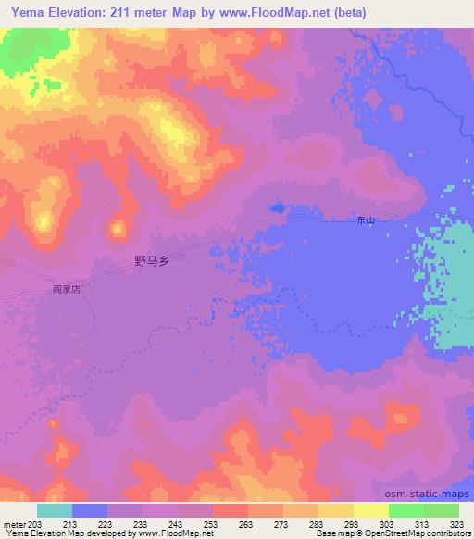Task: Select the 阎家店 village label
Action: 67,289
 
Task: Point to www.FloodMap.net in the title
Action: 281,13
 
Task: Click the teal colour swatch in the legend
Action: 55,509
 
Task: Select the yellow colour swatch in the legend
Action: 371,509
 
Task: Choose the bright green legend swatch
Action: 406,509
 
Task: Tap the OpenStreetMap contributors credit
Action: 426,533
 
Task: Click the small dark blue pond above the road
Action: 277,207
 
